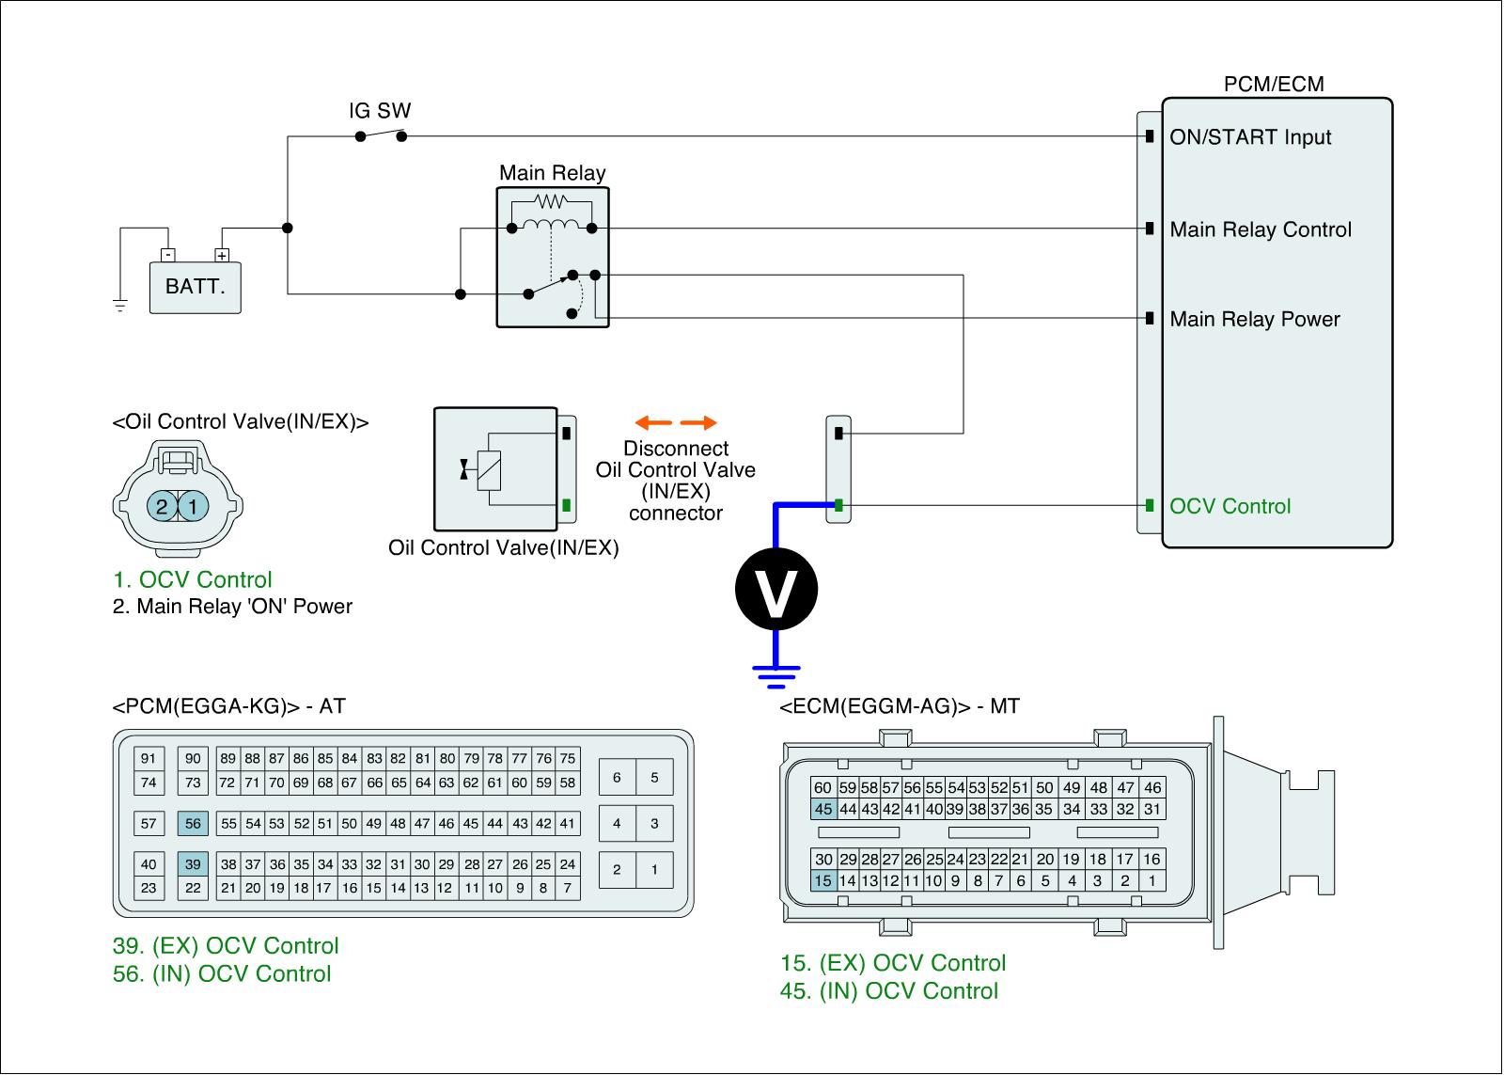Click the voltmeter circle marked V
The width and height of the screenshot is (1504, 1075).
tap(775, 590)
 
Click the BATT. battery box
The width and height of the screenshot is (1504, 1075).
tap(196, 286)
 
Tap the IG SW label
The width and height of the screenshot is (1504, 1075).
tap(380, 111)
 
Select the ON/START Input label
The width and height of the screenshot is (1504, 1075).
tap(1250, 137)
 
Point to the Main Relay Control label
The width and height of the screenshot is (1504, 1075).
tap(1261, 229)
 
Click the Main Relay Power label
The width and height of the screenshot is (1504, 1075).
tap(1255, 319)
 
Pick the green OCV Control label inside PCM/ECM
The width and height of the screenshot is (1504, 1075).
tap(1230, 506)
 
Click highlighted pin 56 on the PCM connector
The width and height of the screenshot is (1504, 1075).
tap(193, 824)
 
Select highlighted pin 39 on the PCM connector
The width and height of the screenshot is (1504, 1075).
tap(193, 864)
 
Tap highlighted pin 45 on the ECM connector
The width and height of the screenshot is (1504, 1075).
tap(823, 809)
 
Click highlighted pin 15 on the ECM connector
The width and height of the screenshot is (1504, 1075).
tap(823, 881)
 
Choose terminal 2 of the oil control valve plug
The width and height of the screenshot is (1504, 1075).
tap(162, 507)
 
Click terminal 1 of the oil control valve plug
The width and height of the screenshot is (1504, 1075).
tap(193, 507)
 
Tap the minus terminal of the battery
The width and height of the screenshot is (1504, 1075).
tap(167, 255)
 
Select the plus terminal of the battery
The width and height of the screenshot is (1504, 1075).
tap(222, 255)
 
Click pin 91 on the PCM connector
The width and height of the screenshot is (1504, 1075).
tap(149, 759)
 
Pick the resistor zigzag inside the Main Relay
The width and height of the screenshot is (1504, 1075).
tap(550, 201)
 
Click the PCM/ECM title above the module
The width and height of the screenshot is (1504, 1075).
tap(1274, 85)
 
